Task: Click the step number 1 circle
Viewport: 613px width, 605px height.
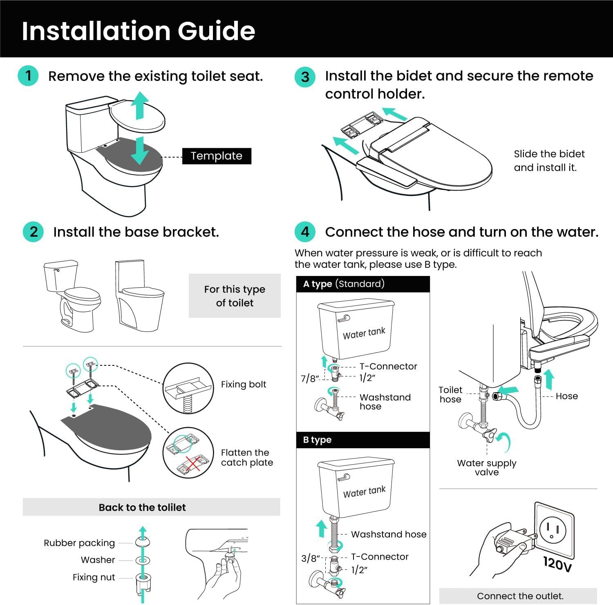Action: pos(28,76)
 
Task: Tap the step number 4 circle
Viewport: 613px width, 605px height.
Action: pos(305,232)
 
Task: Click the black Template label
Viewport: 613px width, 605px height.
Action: pos(216,156)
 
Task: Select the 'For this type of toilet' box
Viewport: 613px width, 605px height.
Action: pos(235,296)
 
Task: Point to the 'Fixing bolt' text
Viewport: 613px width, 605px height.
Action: pos(243,385)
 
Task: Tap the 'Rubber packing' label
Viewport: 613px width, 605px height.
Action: pos(79,543)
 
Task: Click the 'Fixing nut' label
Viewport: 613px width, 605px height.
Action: pos(94,577)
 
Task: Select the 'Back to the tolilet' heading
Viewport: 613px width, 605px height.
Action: pos(142,507)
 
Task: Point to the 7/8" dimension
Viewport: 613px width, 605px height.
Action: pos(309,379)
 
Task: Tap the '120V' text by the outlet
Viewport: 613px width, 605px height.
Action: pos(557,564)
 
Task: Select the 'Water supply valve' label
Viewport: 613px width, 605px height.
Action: pos(486,467)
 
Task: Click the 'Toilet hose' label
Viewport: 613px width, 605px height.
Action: pos(450,395)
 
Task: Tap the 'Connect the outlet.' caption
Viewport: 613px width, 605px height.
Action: pos(520,596)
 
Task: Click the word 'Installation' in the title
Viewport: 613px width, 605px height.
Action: pos(95,31)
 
